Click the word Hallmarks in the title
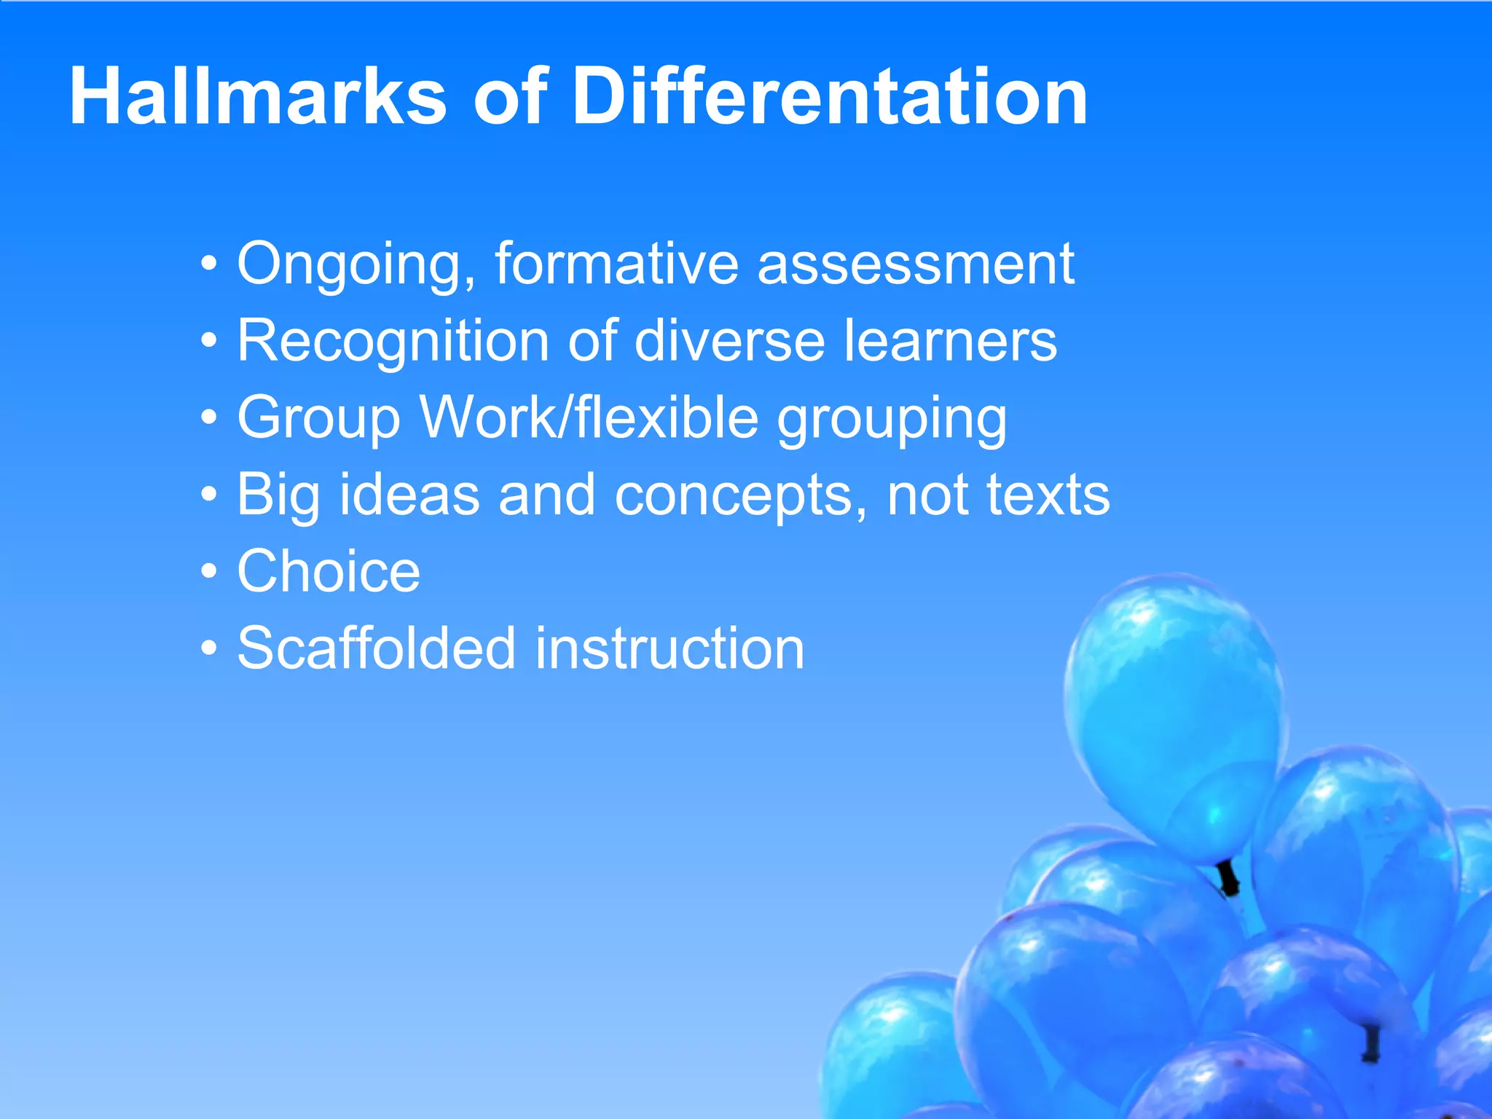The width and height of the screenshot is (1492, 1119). tap(258, 97)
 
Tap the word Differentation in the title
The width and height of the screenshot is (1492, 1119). tap(830, 97)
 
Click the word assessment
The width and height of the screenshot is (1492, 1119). tap(916, 264)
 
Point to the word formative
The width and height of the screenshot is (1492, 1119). tap(617, 264)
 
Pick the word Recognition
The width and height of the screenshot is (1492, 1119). tap(393, 342)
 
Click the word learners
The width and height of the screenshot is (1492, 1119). tap(950, 340)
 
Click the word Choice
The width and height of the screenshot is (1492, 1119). tap(329, 572)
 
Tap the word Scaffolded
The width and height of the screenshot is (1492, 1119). tap(377, 648)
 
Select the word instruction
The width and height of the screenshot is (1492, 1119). tap(670, 648)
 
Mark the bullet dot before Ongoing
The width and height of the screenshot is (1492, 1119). tap(210, 264)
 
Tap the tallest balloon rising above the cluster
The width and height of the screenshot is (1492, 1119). tap(1174, 714)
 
